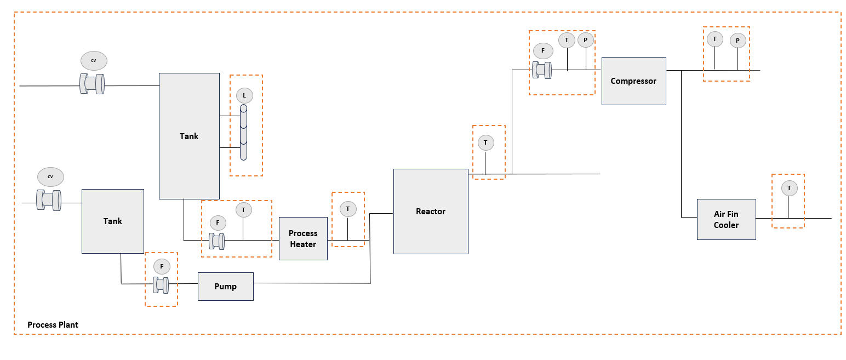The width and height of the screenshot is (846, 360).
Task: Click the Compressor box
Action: point(633,81)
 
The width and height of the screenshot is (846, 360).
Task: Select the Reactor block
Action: point(431,212)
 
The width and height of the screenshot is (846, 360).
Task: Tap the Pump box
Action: point(225,286)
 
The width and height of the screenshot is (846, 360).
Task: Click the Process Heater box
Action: point(303,239)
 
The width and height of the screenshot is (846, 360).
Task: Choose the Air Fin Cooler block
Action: point(726,220)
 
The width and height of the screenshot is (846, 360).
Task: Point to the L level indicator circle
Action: point(244,96)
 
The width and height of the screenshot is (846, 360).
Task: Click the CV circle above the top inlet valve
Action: point(94,60)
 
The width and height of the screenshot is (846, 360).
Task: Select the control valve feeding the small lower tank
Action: point(49,200)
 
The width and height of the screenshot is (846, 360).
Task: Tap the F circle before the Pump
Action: point(162,267)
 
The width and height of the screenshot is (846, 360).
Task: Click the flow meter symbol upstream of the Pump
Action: point(161,285)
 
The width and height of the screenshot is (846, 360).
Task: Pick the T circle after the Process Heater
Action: point(347,209)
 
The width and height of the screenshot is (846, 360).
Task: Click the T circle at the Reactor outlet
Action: point(485,143)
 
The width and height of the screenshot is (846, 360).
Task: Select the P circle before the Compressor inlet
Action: point(586,40)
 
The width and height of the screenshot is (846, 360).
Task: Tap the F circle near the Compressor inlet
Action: point(543,50)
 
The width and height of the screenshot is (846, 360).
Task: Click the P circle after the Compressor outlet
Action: point(738,41)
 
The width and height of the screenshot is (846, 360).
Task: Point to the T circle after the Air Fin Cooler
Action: point(789,188)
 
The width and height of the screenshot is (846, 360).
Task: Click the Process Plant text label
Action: point(53,325)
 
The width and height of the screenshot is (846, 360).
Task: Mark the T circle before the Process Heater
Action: point(243,210)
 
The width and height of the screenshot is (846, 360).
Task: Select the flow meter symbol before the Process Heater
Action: point(218,241)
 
